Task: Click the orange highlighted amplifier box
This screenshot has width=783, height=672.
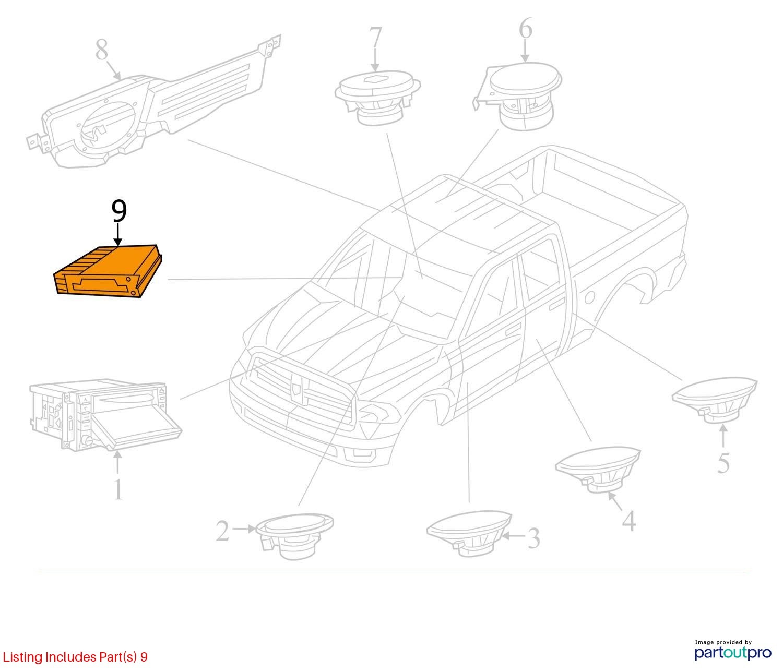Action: pyautogui.click(x=109, y=271)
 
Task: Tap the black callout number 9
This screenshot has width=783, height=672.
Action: pyautogui.click(x=119, y=211)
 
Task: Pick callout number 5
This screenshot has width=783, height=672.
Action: pyautogui.click(x=723, y=462)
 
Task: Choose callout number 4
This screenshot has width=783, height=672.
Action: pyautogui.click(x=629, y=521)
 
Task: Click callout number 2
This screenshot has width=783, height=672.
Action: pyautogui.click(x=223, y=531)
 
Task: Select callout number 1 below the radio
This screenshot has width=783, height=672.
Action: pyautogui.click(x=118, y=489)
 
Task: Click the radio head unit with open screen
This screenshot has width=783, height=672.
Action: pyautogui.click(x=105, y=417)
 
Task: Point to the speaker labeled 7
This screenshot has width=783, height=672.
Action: pyautogui.click(x=377, y=97)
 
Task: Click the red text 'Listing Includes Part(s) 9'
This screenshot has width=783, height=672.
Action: pyautogui.click(x=75, y=657)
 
